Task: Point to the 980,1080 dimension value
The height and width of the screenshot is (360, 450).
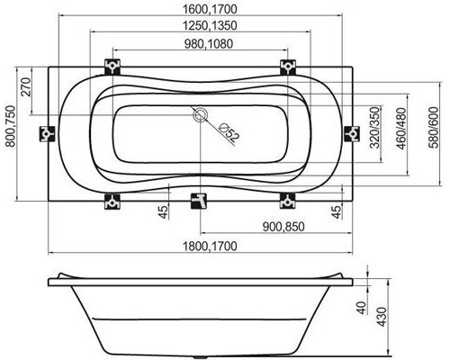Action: click(199, 46)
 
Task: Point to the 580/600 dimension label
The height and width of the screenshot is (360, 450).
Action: click(435, 133)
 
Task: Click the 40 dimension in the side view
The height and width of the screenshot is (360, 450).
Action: click(361, 309)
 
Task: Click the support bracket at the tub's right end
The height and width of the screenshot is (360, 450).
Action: click(352, 132)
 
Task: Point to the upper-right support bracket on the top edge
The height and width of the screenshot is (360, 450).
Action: click(287, 67)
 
